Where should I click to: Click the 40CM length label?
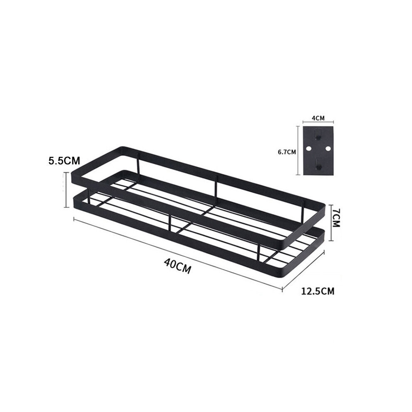click(x=177, y=266)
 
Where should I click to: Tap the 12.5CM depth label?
click(x=318, y=291)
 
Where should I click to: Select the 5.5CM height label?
click(x=64, y=161)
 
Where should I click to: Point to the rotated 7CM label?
click(x=336, y=218)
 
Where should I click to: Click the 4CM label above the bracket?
click(x=318, y=118)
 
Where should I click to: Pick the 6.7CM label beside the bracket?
click(x=287, y=152)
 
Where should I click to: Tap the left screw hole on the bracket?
click(x=308, y=149)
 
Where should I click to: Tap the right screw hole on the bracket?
click(x=328, y=149)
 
